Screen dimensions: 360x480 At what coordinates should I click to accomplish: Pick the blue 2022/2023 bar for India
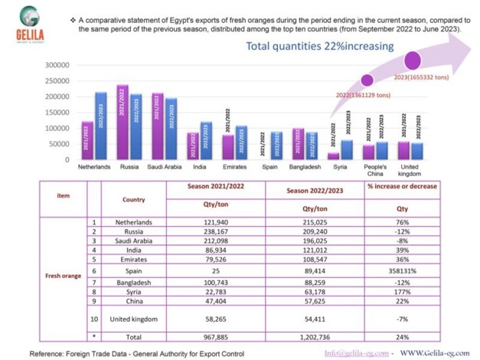pos(205,141)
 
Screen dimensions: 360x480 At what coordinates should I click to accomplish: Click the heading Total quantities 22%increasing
pos(320,46)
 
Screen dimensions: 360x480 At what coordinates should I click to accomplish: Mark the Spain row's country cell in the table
pos(134,270)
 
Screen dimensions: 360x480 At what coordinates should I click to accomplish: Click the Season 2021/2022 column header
pos(227,186)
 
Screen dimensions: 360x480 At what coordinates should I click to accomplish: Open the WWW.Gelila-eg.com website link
pos(435,353)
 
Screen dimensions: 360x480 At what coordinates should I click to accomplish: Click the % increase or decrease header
pos(402,186)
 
